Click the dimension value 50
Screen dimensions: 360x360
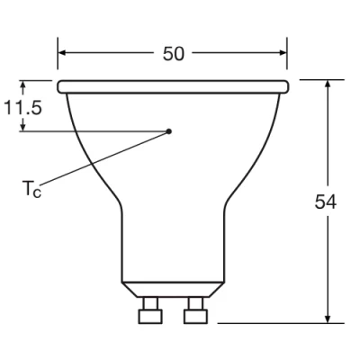click(x=174, y=53)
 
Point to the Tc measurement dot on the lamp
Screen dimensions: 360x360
click(x=169, y=131)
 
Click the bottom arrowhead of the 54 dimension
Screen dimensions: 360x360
click(x=329, y=317)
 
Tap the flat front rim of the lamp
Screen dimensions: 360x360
click(x=173, y=86)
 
